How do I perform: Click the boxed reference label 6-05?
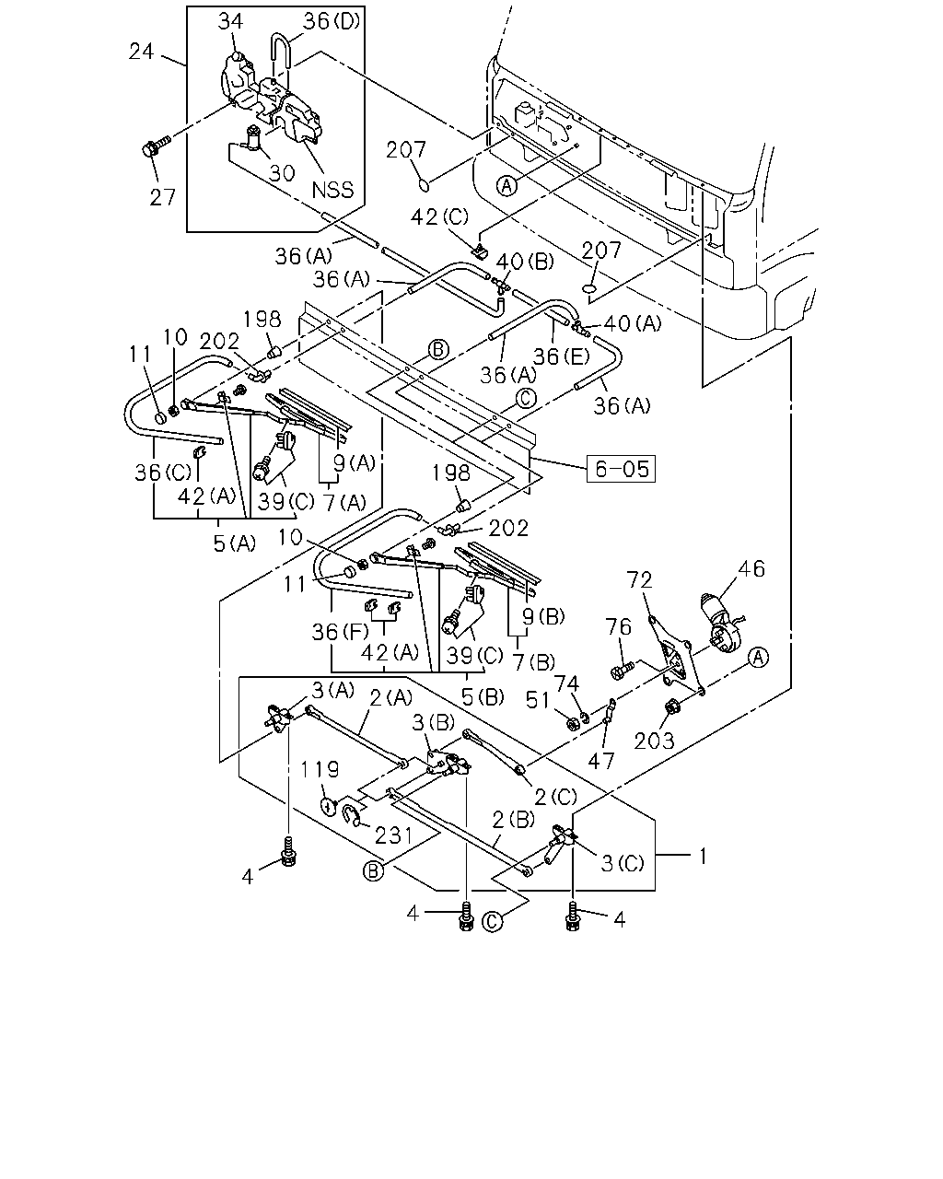[621, 469]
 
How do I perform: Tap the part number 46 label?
[751, 568]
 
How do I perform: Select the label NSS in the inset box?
[332, 190]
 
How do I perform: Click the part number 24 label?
[141, 52]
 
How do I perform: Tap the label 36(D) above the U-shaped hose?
[332, 21]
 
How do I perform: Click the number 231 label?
[393, 835]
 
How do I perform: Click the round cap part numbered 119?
[328, 807]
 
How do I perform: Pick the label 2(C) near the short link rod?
[555, 797]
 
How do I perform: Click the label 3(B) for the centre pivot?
[434, 723]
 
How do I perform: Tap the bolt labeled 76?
[621, 669]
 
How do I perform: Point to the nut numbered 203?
[669, 707]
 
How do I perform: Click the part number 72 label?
[639, 579]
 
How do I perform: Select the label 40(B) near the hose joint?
[525, 262]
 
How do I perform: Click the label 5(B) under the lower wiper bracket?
[483, 697]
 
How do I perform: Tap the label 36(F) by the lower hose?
[340, 632]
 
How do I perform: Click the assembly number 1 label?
[703, 856]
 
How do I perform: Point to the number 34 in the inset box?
[230, 21]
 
